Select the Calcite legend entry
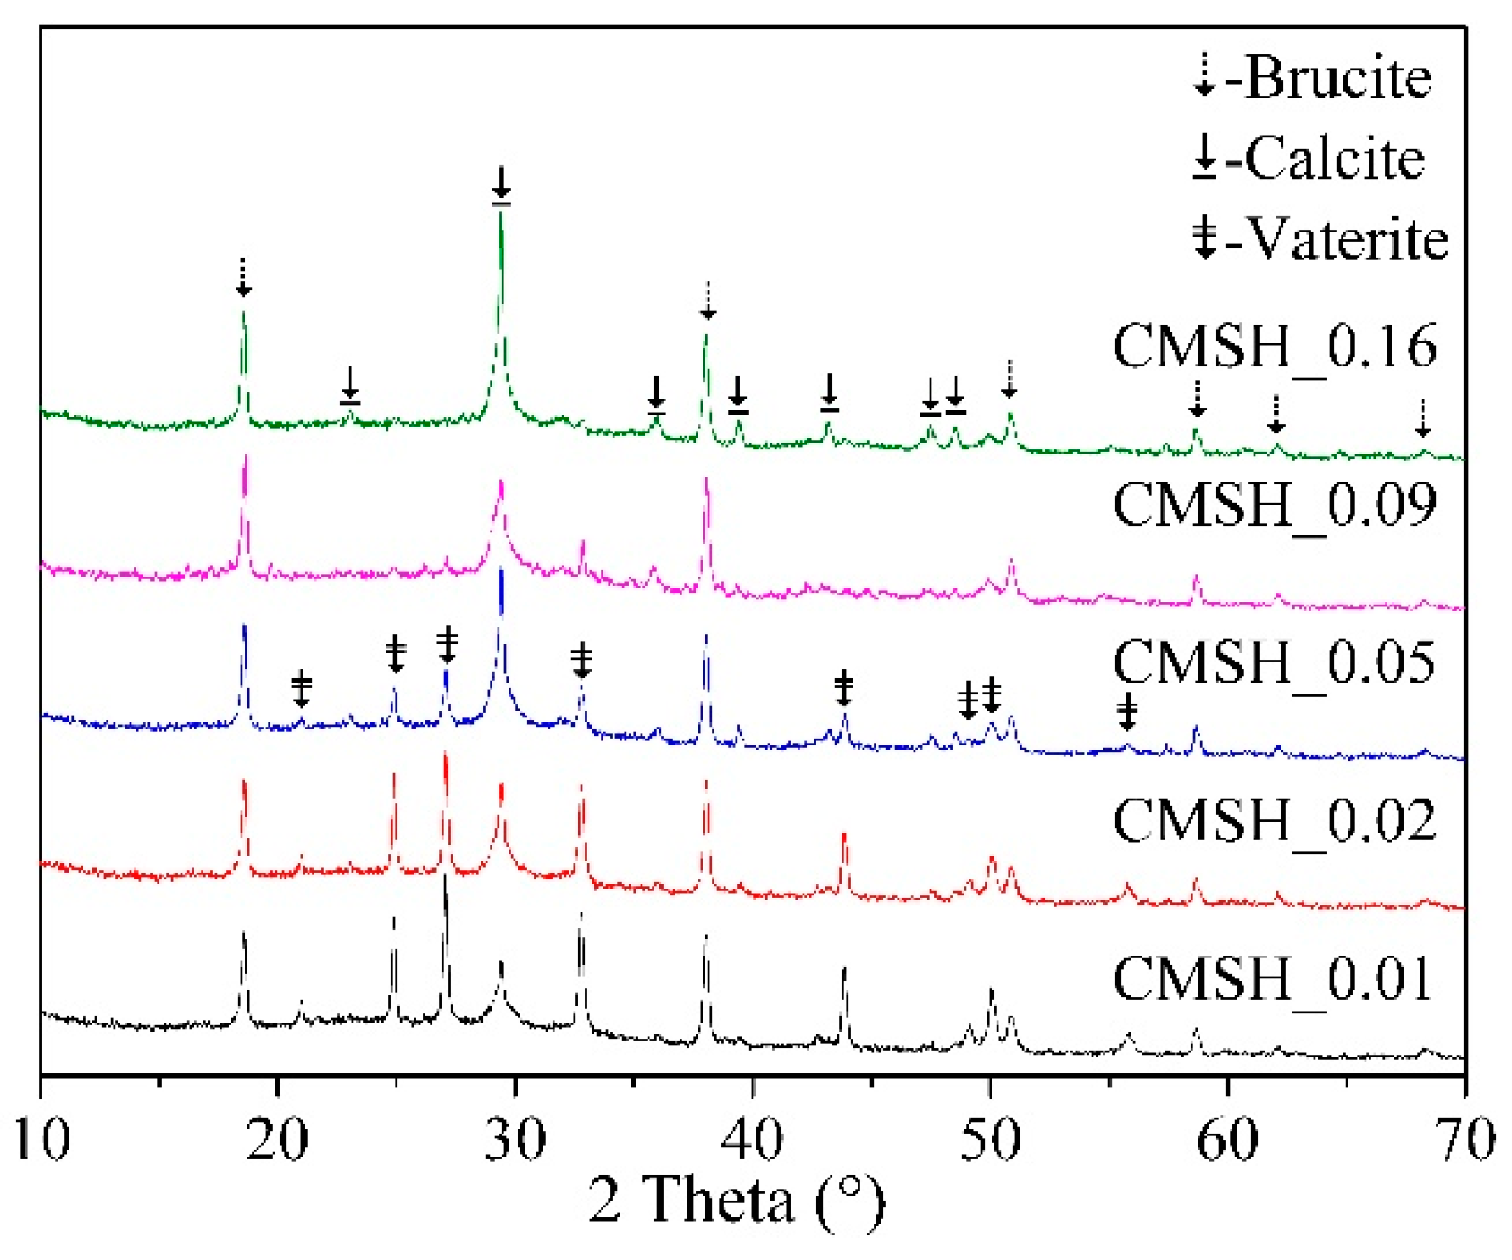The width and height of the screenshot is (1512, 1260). (x=1309, y=159)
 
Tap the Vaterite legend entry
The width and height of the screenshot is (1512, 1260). (x=1320, y=239)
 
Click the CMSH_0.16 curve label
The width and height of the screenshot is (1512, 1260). (x=1274, y=347)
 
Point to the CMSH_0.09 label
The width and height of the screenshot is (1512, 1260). (x=1274, y=505)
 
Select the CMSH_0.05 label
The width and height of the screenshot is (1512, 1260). (x=1274, y=663)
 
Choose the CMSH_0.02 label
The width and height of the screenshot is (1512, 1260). (x=1274, y=821)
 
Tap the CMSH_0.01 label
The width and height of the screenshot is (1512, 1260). (x=1271, y=979)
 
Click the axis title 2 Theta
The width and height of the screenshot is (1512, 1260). (x=736, y=1201)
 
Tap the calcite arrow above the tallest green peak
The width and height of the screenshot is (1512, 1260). (x=501, y=185)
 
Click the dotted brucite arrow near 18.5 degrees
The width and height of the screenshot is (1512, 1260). (x=243, y=277)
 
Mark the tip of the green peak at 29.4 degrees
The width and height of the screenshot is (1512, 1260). (x=501, y=212)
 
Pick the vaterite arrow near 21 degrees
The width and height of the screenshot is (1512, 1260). (x=301, y=688)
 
